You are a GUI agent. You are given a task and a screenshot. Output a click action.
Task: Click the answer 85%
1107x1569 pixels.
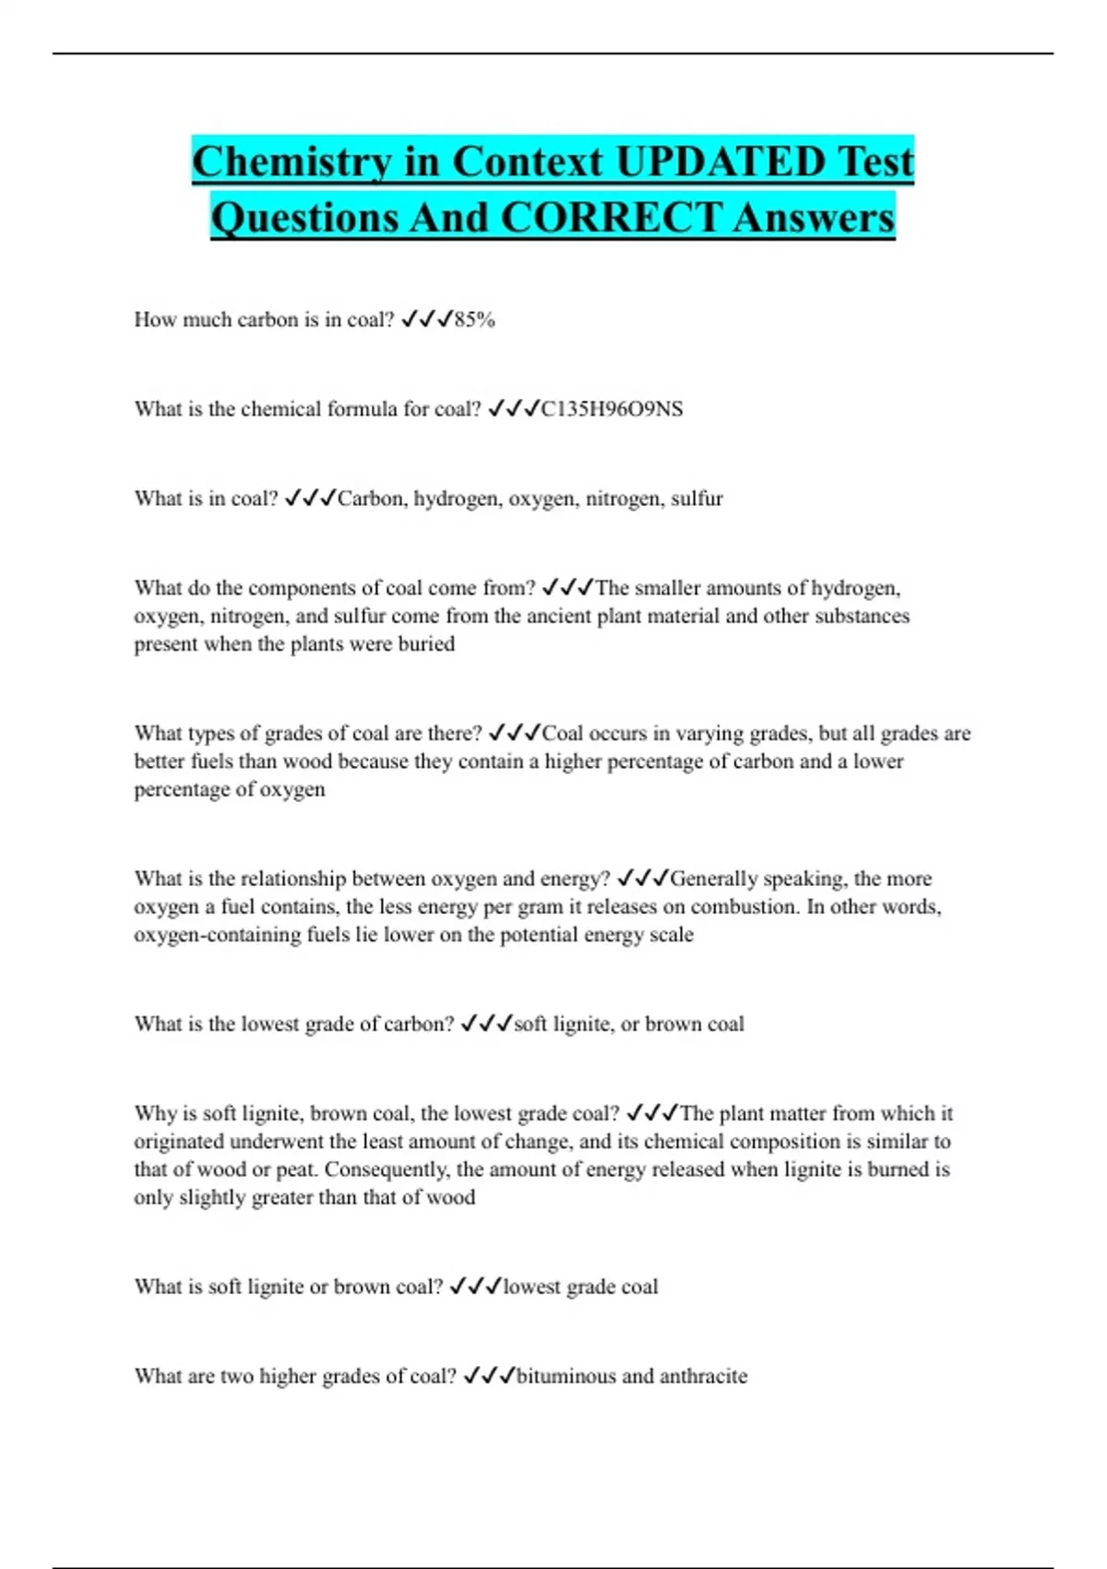pyautogui.click(x=475, y=319)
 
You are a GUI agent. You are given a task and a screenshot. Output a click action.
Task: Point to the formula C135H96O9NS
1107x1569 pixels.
pyautogui.click(x=612, y=409)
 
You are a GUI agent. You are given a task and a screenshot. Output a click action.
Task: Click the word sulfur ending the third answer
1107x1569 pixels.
pyautogui.click(x=696, y=498)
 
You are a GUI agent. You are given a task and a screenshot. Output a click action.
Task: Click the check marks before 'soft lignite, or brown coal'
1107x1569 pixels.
pyautogui.click(x=486, y=1024)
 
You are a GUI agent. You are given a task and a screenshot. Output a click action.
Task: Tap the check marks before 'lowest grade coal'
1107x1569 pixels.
pyautogui.click(x=475, y=1287)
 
